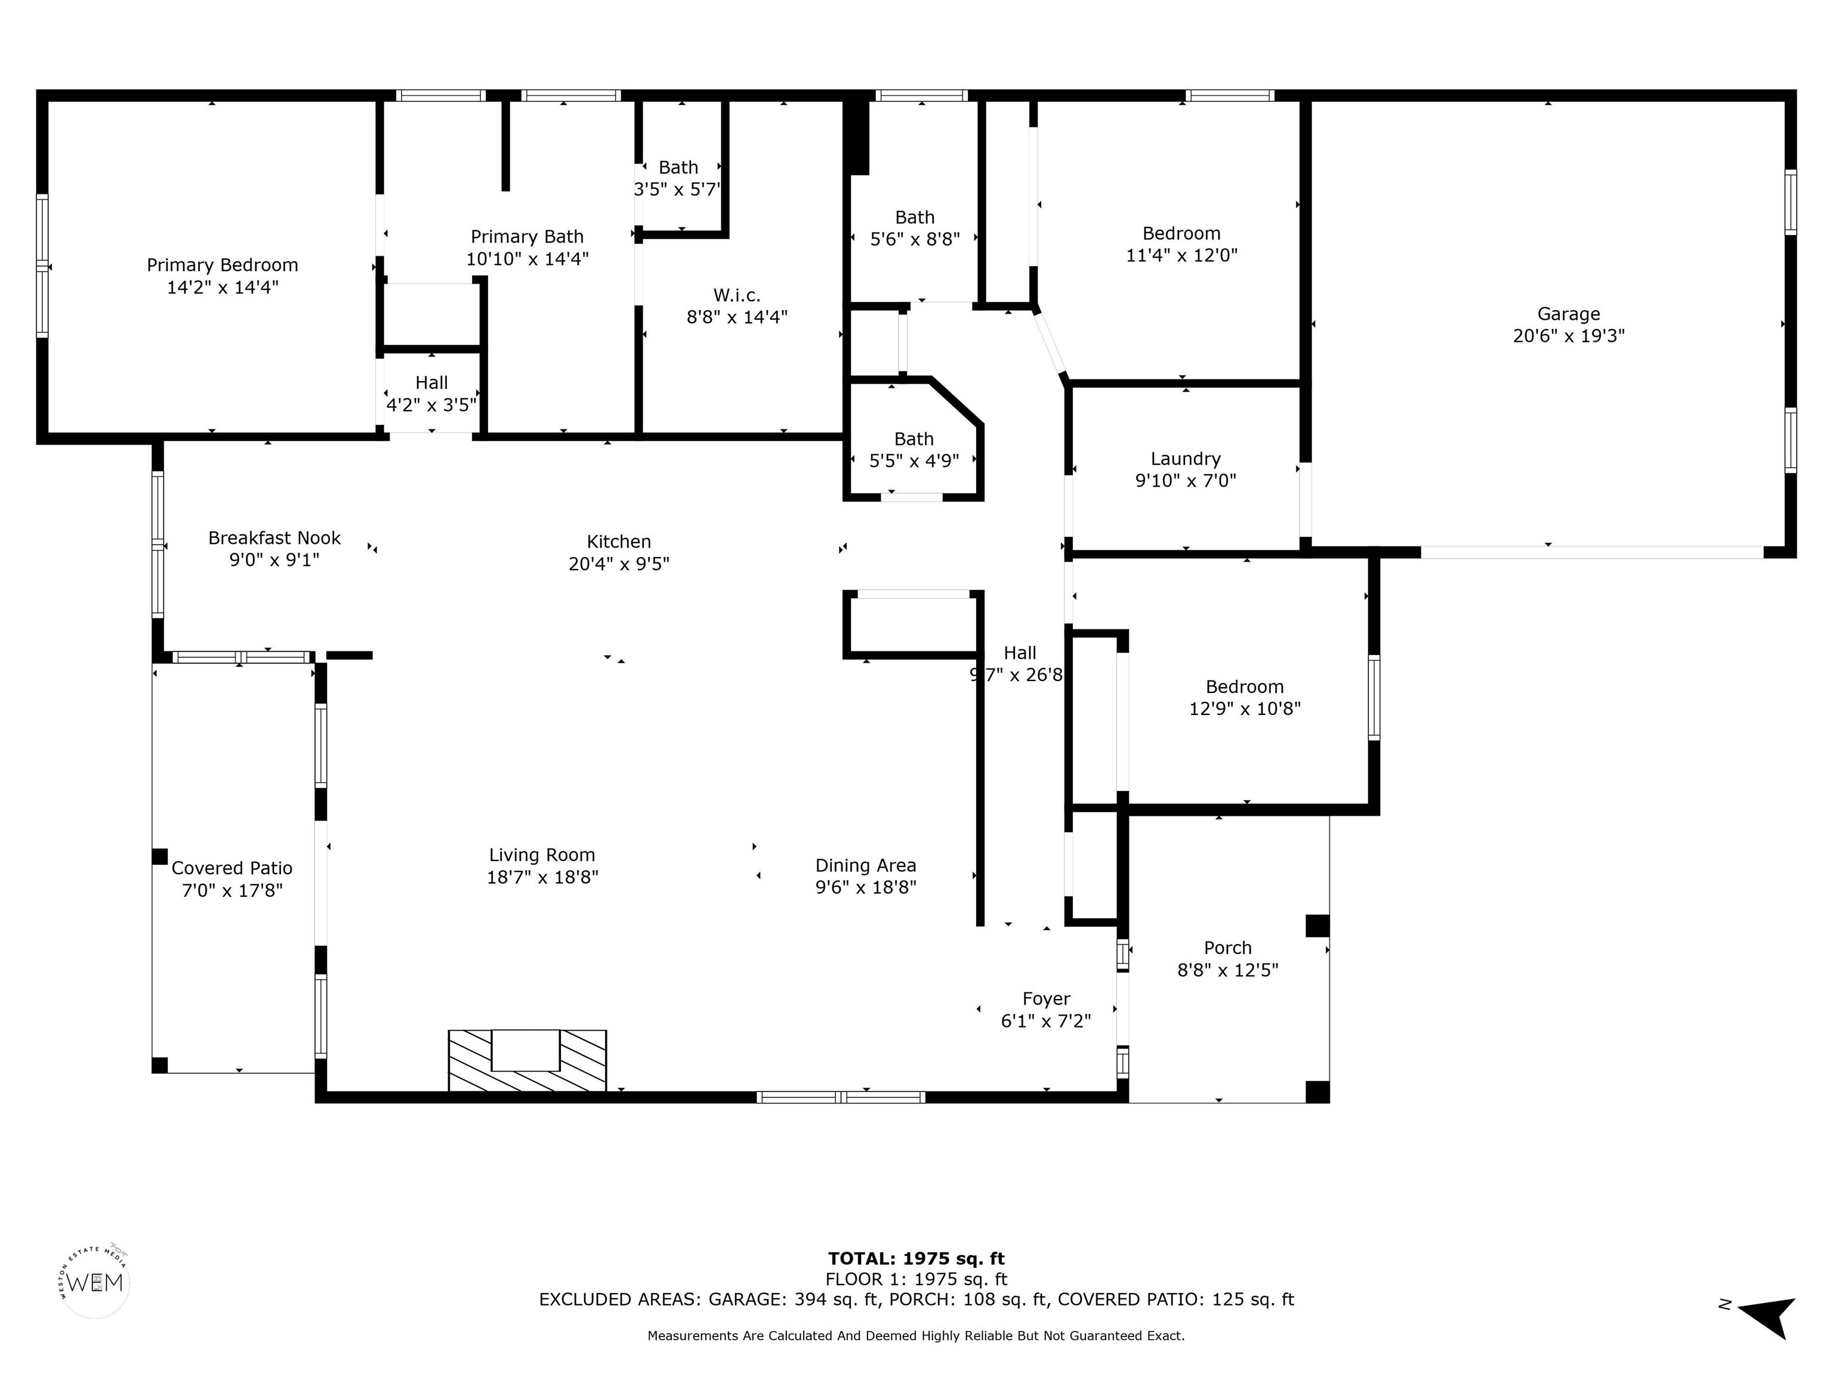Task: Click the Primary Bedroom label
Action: point(222,265)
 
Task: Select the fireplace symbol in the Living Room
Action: point(527,1061)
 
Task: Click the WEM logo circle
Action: point(96,1283)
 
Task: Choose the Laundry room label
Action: point(1185,459)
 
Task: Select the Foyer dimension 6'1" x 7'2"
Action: point(1046,1021)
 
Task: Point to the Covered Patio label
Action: point(232,868)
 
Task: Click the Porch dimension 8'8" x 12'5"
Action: point(1227,970)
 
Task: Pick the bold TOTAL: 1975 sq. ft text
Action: point(916,1259)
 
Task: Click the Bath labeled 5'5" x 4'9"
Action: point(914,450)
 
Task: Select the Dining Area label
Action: point(866,865)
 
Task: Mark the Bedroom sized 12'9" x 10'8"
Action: point(1245,697)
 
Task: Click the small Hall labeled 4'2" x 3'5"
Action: point(432,394)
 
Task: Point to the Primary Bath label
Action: point(527,237)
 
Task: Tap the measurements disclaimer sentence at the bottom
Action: point(916,1336)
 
